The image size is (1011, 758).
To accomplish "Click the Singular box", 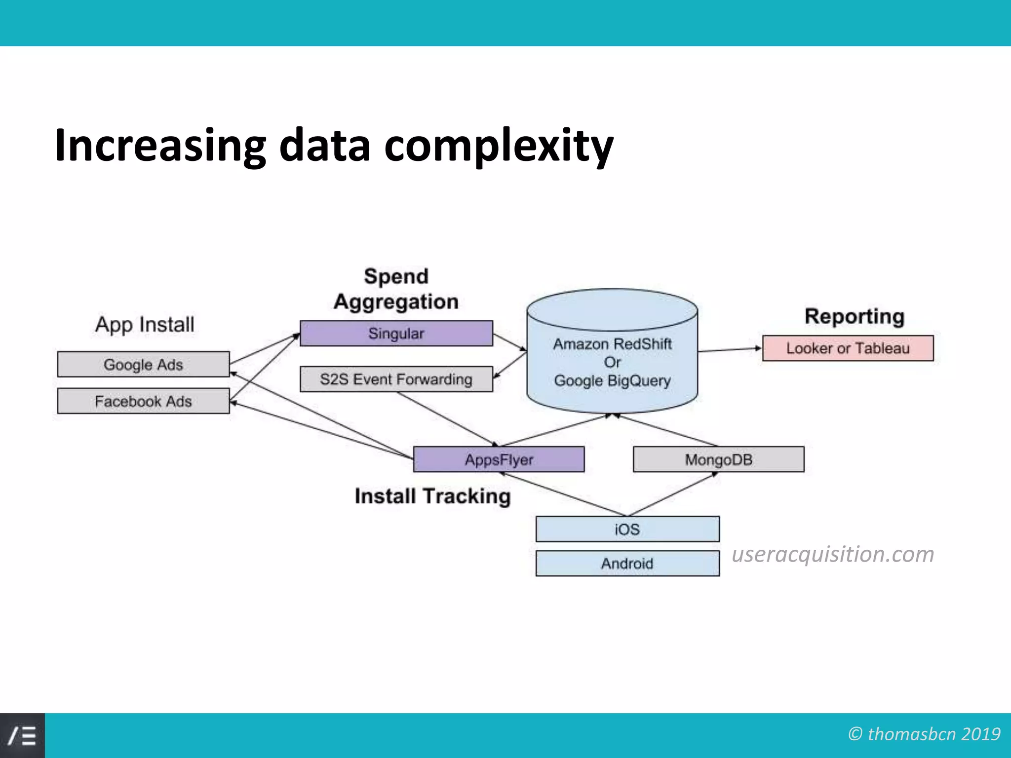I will click(x=396, y=334).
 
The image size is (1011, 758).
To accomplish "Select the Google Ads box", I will click(x=143, y=365).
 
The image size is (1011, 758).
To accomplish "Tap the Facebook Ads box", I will click(x=143, y=401).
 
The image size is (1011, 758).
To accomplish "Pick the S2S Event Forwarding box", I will click(x=396, y=379).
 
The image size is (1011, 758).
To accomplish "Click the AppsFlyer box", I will click(x=499, y=459).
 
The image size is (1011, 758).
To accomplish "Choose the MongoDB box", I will click(x=718, y=459).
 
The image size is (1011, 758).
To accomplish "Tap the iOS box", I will click(x=627, y=530).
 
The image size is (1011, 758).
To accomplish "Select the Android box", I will click(x=627, y=564).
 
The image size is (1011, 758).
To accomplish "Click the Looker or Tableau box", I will click(x=848, y=348).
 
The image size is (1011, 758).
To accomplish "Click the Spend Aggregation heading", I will click(x=396, y=289).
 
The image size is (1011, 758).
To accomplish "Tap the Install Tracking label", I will click(x=432, y=496).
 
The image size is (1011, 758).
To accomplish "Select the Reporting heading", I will click(x=854, y=316).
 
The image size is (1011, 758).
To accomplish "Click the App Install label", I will click(x=145, y=325).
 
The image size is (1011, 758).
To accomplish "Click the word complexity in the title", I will click(x=499, y=146).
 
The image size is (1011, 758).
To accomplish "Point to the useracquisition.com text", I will click(x=833, y=554).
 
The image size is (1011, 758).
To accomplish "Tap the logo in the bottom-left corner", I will click(x=22, y=736).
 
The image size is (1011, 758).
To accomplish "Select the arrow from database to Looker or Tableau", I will click(x=730, y=350).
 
